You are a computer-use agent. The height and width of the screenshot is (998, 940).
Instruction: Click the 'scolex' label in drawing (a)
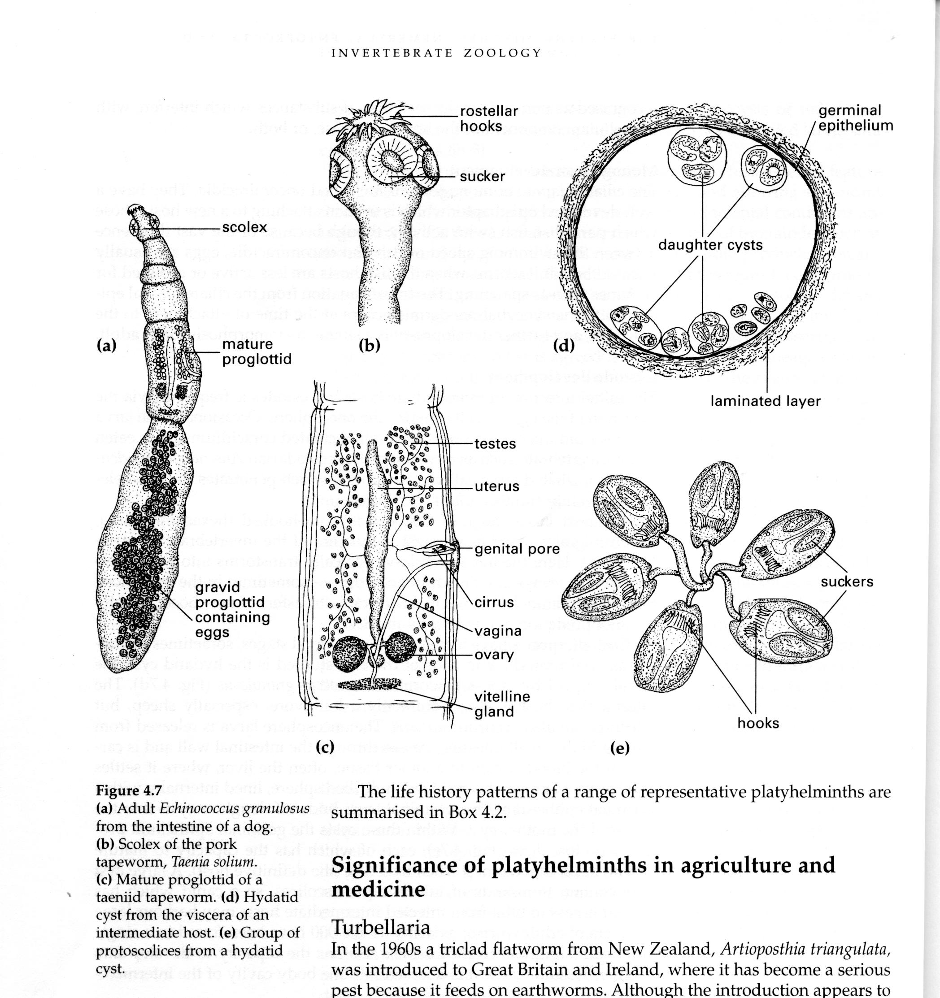244,227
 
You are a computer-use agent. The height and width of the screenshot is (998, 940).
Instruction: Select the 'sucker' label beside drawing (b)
482,176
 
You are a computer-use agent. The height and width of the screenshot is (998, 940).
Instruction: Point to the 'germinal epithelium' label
856,118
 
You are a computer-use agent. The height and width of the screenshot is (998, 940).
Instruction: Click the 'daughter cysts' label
710,246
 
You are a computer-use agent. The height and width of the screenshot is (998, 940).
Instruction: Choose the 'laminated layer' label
765,401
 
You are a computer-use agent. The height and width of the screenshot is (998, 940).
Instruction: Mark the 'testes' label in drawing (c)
495,444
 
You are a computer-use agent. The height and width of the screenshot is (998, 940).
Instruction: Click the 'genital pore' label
517,549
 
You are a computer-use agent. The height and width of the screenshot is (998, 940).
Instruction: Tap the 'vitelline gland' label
502,704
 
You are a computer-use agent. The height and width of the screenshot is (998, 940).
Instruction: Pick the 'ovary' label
494,655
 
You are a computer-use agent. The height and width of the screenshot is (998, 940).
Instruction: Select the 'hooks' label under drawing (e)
758,724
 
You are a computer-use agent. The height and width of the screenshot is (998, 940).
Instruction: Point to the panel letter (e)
619,749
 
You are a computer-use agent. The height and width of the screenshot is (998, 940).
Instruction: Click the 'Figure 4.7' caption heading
129,791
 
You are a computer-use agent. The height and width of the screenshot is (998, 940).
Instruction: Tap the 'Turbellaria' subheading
381,927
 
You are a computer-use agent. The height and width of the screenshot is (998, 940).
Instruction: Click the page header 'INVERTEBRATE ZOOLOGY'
436,53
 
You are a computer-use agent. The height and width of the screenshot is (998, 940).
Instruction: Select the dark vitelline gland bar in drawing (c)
369,684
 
